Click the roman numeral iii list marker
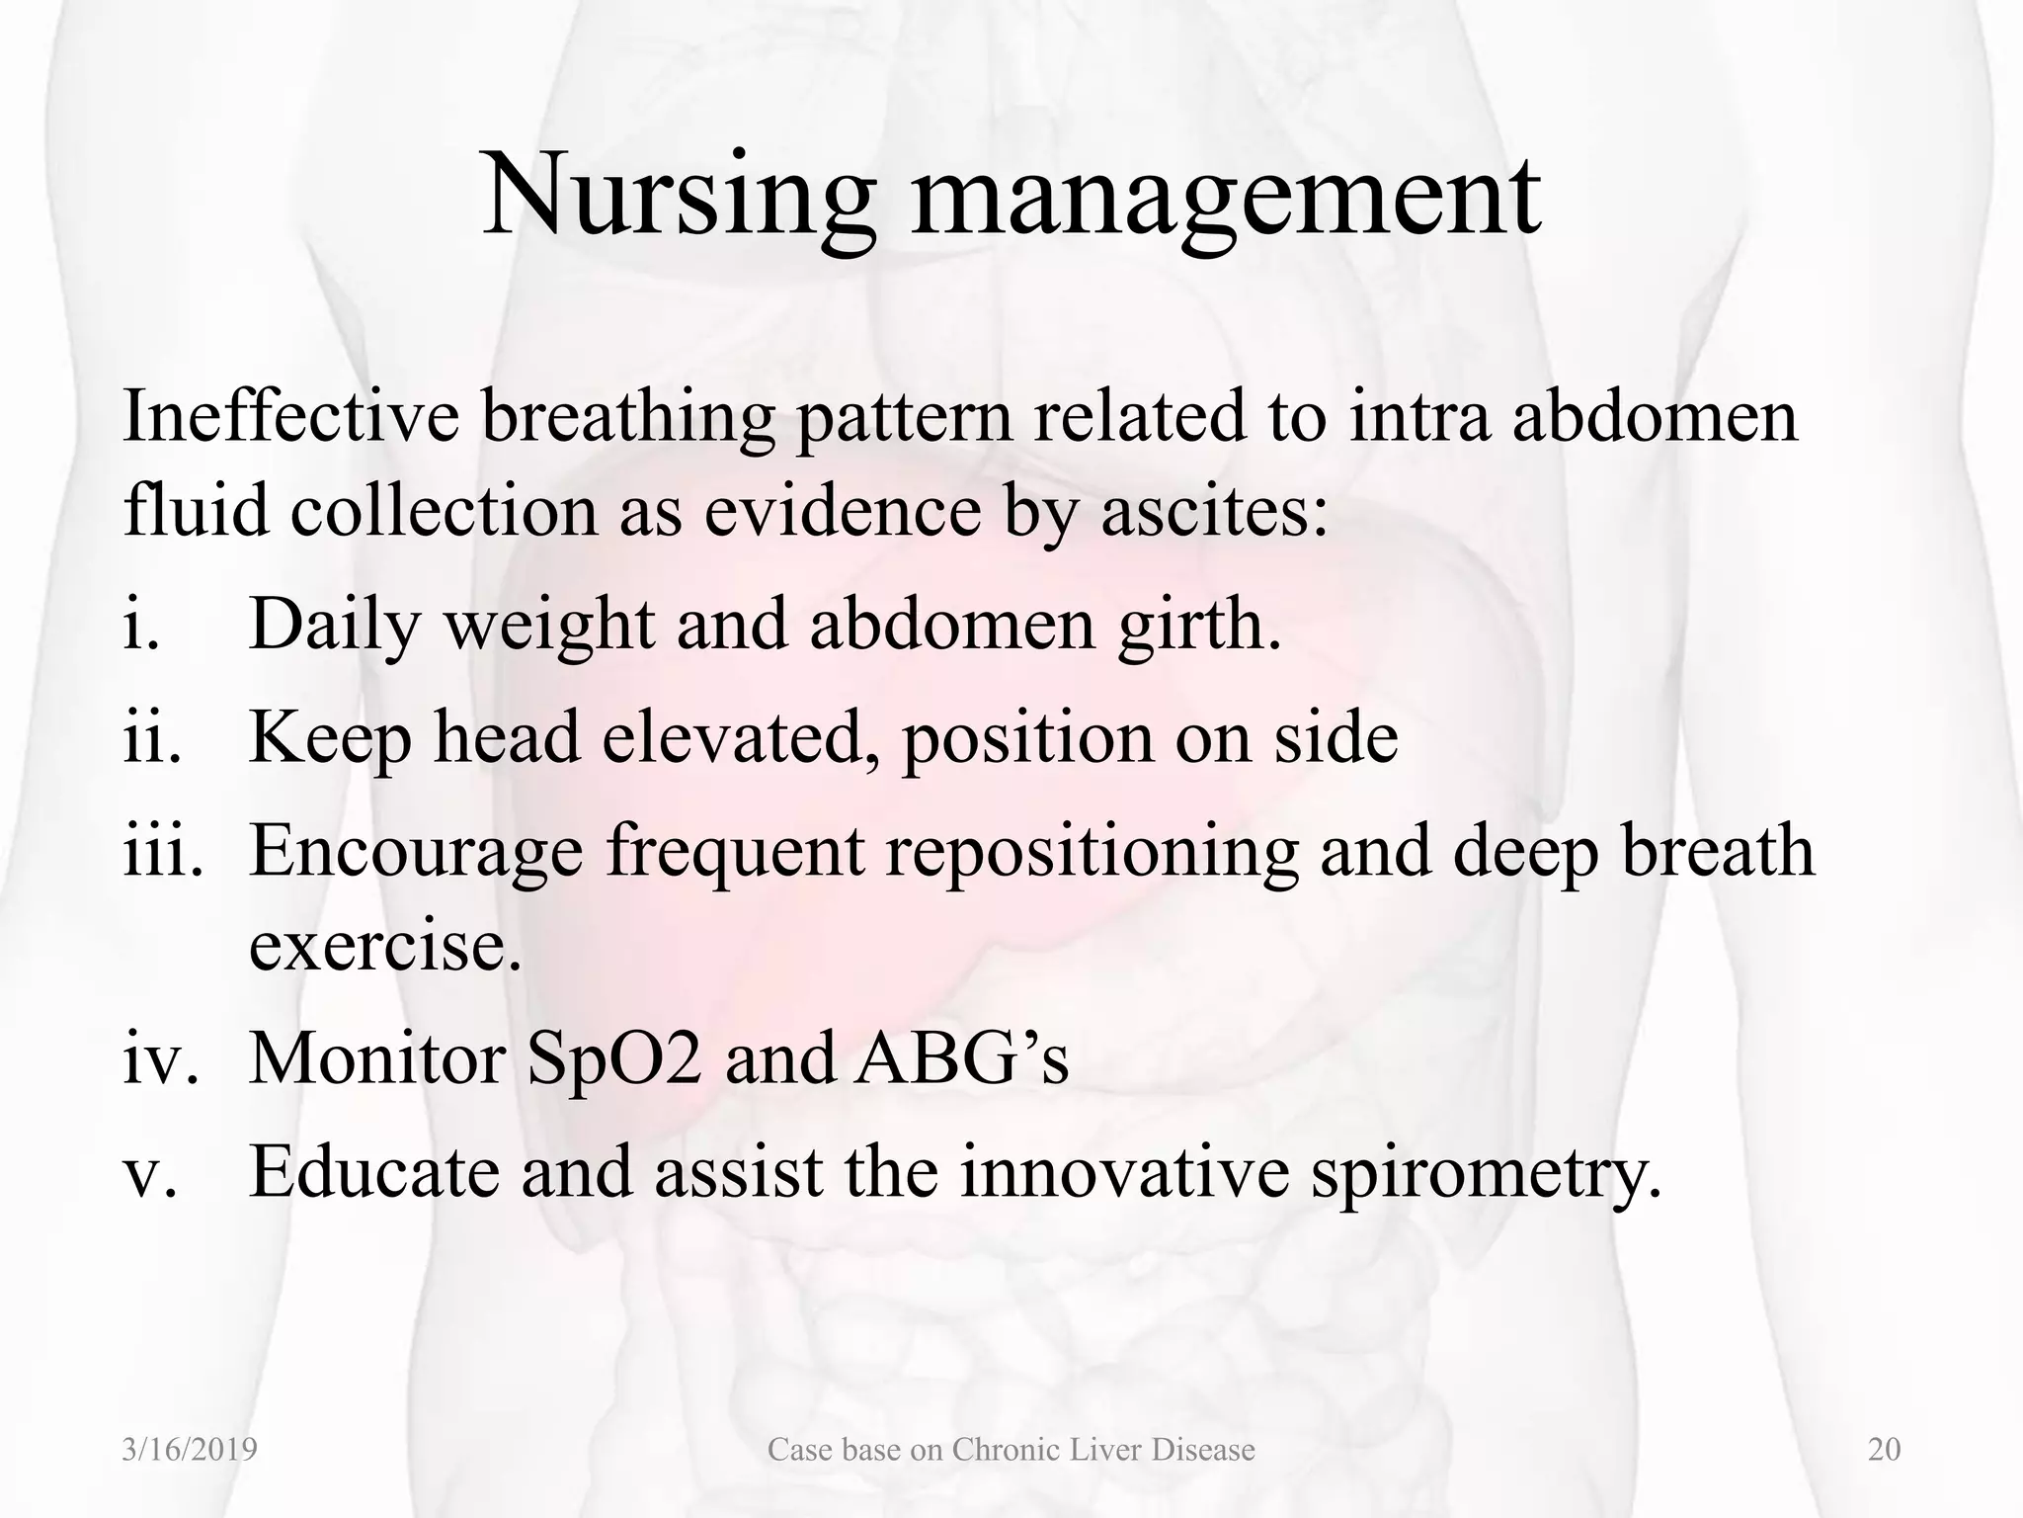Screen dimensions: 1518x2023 pos(163,851)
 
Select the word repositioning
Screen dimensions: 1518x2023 pos(1092,851)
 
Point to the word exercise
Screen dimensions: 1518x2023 pos(384,945)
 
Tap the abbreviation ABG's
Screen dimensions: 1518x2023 pos(962,1058)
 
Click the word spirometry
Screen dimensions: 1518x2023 pos(1487,1172)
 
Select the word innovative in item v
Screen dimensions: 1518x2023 pos(1125,1172)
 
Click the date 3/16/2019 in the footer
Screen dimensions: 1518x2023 pos(190,1450)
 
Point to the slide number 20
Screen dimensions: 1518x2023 pos(1885,1450)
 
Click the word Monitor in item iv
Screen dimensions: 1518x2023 pos(376,1058)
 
